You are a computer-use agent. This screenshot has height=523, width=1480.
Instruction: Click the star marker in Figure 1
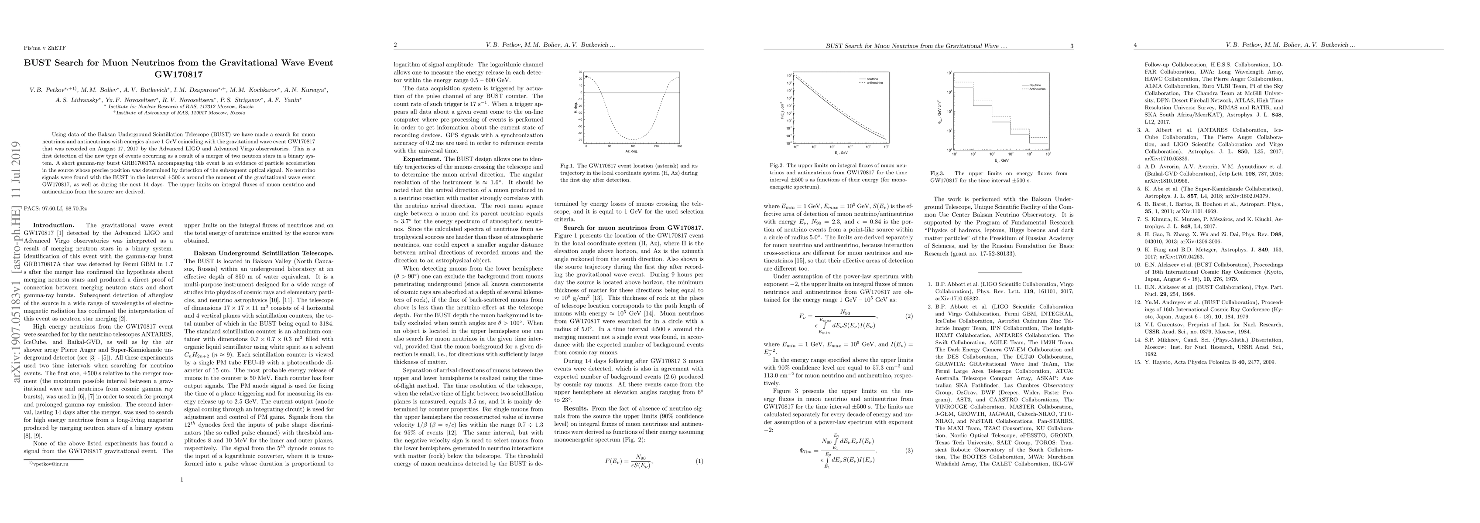[586, 76]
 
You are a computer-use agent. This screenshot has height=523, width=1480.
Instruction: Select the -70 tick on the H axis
[581, 140]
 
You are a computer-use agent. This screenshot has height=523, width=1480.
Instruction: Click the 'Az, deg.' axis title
[633, 151]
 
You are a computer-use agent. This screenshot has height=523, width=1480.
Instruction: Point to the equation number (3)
[909, 451]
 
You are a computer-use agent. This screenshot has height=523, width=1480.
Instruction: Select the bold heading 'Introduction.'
[53, 225]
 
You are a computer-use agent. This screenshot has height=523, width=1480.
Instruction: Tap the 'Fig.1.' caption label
[568, 165]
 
